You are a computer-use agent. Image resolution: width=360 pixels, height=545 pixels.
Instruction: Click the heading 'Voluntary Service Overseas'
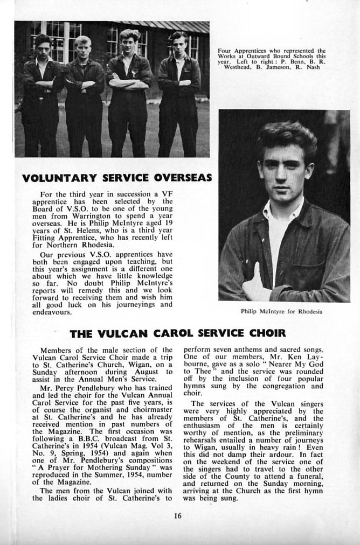117,177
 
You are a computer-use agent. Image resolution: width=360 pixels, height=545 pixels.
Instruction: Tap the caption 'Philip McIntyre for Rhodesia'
281,311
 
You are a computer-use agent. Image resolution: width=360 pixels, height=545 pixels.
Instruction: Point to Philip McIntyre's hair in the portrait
286,137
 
